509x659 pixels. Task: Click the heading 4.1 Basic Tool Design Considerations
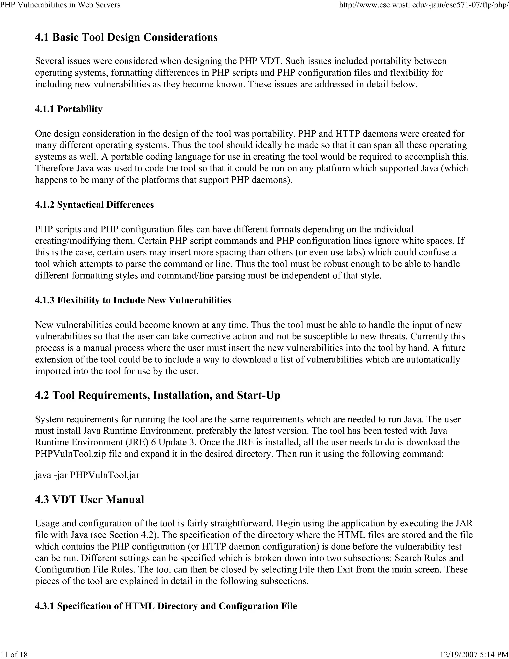[x=126, y=37]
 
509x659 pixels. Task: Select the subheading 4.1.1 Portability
[x=69, y=109]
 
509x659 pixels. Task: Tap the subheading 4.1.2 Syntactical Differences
[x=94, y=205]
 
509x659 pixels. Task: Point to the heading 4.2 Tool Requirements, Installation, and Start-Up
[x=157, y=395]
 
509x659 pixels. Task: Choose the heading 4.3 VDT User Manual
[x=89, y=499]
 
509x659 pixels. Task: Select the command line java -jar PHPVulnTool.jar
[x=87, y=475]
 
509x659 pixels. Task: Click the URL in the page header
[x=424, y=5]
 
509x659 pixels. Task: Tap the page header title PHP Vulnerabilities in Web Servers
[x=60, y=5]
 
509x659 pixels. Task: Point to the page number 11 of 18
[x=14, y=654]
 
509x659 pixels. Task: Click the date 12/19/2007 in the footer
[x=458, y=654]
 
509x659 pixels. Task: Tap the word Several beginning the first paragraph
[x=50, y=61]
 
